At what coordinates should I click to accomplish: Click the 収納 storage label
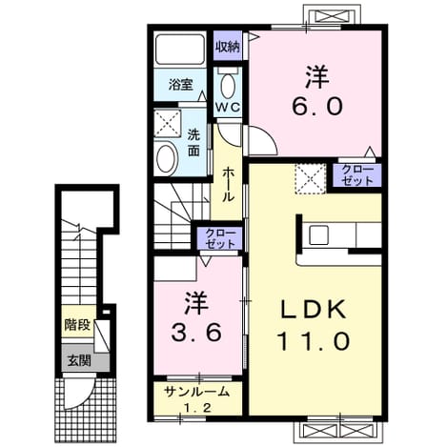(228, 47)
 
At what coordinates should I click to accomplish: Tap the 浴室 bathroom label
(180, 85)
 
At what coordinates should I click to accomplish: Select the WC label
(228, 107)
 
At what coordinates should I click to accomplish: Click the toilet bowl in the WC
(228, 85)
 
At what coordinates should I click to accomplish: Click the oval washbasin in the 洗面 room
(166, 159)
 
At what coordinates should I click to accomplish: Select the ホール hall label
(228, 185)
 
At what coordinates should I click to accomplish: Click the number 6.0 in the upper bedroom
(317, 107)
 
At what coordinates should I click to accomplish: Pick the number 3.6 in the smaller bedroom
(196, 333)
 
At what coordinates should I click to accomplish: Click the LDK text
(314, 310)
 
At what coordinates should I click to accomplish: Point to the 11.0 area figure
(314, 341)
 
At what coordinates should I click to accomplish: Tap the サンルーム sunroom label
(196, 392)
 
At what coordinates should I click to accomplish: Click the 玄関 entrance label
(79, 360)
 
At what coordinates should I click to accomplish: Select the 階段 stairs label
(77, 325)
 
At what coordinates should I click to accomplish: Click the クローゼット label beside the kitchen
(357, 175)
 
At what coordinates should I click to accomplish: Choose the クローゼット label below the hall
(220, 238)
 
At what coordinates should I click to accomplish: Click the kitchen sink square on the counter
(319, 234)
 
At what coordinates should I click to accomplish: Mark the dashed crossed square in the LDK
(311, 178)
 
